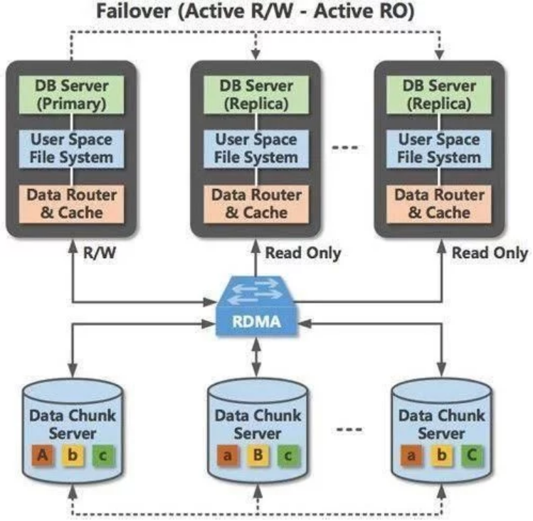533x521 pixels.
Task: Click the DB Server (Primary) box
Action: pos(70,95)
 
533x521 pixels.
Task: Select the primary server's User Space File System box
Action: pos(70,149)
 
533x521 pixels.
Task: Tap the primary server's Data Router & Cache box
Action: pos(70,202)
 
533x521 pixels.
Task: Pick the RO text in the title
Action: pos(401,13)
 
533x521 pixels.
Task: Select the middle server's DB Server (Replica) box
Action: pos(255,95)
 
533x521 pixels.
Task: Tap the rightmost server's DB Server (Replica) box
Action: pos(440,95)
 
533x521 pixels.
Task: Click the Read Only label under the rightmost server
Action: pos(490,252)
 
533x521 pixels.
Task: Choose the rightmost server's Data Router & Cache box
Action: pos(440,202)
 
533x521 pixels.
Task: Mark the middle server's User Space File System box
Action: pos(255,149)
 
